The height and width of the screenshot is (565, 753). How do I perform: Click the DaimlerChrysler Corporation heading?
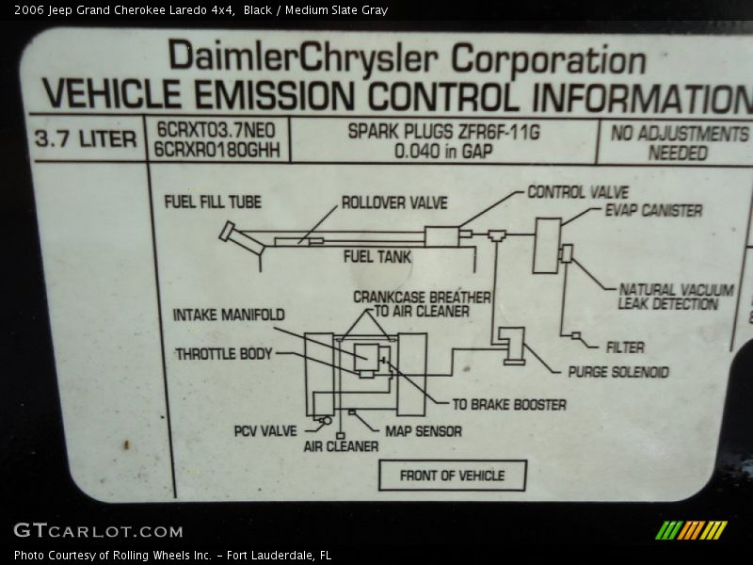[x=407, y=58]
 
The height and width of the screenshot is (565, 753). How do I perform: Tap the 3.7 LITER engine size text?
[x=86, y=139]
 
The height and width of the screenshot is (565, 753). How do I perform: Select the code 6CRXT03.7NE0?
[x=216, y=131]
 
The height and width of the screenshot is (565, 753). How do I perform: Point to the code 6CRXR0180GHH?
[x=217, y=150]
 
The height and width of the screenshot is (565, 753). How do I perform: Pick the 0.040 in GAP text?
[x=443, y=151]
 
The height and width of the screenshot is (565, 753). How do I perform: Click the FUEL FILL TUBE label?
[x=213, y=202]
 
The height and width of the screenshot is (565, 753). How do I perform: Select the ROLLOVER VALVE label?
[x=394, y=202]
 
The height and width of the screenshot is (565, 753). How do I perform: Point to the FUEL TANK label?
[x=377, y=256]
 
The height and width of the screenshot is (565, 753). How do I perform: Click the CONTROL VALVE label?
[x=578, y=192]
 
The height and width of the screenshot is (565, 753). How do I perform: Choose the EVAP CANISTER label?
[x=653, y=210]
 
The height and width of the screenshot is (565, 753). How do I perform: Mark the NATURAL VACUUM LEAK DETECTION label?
[x=675, y=297]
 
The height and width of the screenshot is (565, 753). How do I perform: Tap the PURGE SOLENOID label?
[x=618, y=372]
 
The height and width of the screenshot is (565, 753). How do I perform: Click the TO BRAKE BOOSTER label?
[x=509, y=405]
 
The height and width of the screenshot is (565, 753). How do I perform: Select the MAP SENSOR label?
[x=424, y=431]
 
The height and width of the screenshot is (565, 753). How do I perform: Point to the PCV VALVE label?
[x=265, y=431]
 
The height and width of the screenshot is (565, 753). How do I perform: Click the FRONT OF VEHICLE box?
[x=452, y=476]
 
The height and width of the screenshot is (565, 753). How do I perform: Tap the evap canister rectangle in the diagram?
[x=546, y=246]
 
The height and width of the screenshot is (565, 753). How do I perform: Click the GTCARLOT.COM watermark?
[x=98, y=531]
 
